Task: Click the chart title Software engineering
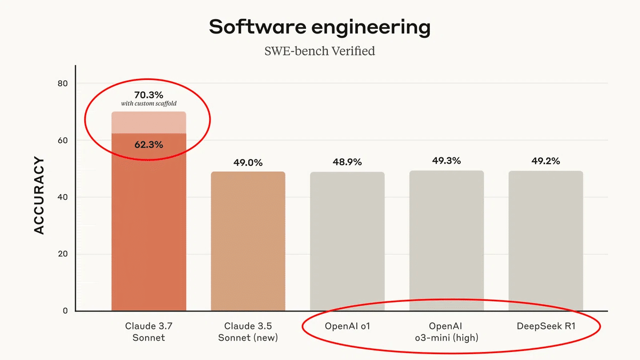click(x=319, y=27)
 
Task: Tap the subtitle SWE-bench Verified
click(x=319, y=51)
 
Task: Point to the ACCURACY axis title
click(x=39, y=195)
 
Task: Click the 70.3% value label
click(x=149, y=95)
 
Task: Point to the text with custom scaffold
click(x=149, y=103)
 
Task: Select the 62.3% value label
click(x=149, y=144)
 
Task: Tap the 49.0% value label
click(x=248, y=163)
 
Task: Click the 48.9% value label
click(x=347, y=162)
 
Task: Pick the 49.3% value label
click(x=446, y=161)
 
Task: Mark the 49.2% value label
click(x=546, y=161)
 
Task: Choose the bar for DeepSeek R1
click(x=546, y=241)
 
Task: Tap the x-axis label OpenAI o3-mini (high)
click(x=446, y=332)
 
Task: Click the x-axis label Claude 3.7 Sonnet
click(x=149, y=332)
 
